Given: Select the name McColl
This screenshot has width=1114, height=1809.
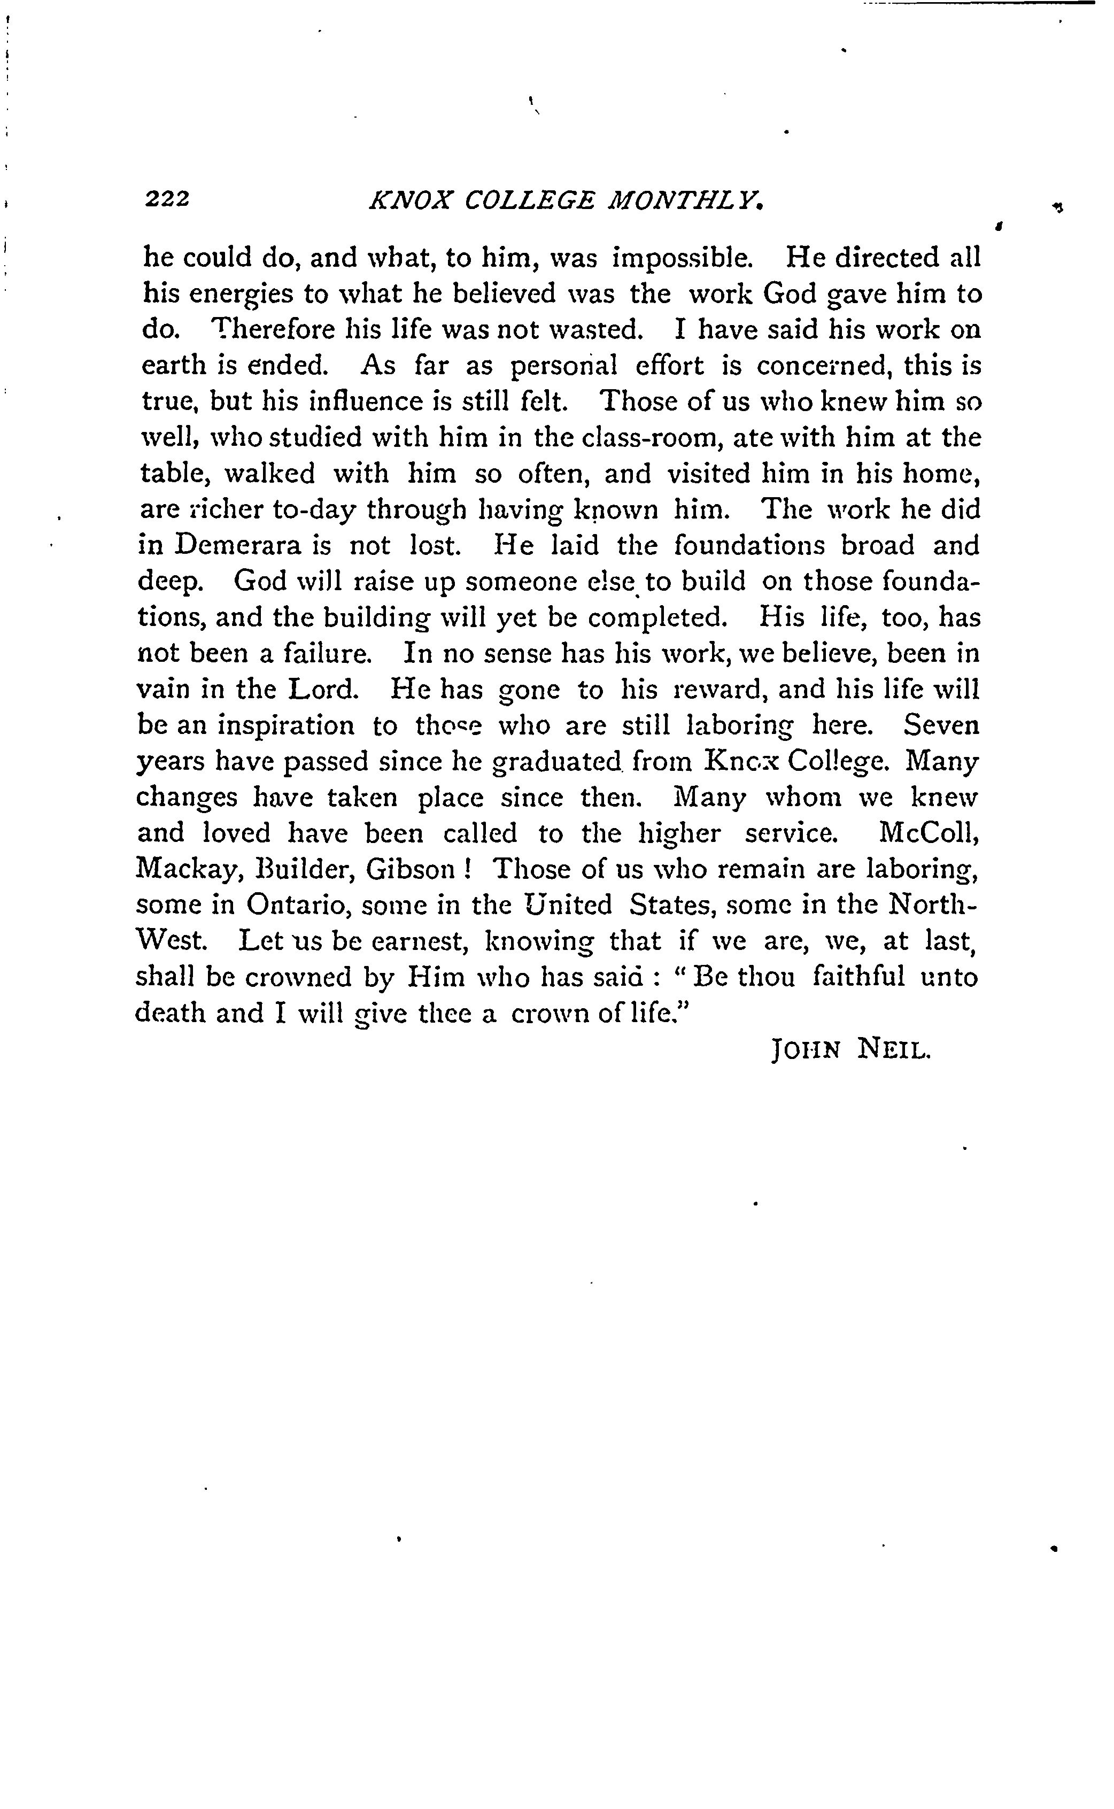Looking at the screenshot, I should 929,833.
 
